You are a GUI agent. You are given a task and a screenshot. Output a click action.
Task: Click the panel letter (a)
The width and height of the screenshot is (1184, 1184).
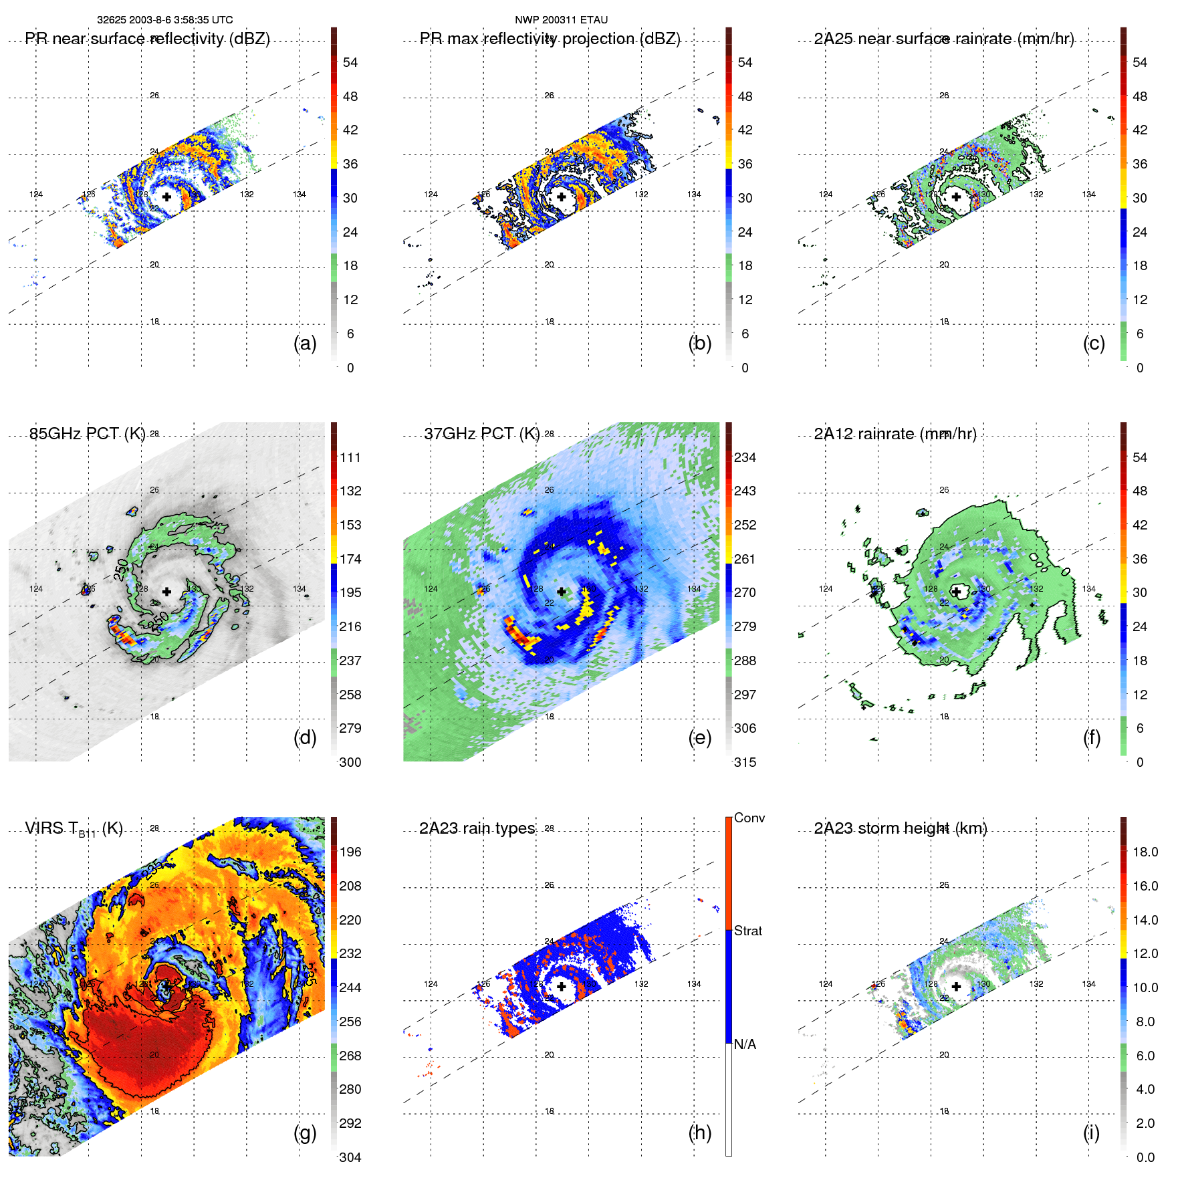click(x=305, y=344)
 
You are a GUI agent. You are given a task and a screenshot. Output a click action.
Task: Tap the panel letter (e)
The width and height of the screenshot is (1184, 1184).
click(x=700, y=738)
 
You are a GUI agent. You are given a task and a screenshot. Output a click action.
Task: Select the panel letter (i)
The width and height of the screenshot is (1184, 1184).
click(x=1091, y=1133)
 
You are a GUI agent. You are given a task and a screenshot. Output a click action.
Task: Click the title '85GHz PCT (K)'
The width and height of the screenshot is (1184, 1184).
click(x=87, y=434)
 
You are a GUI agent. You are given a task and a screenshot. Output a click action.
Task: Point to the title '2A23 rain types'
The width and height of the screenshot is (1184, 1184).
click(x=477, y=828)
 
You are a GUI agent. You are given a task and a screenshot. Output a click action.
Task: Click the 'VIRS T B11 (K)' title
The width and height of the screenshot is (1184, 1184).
click(x=74, y=829)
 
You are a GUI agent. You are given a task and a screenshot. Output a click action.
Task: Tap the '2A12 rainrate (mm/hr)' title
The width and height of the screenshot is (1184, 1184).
click(x=895, y=434)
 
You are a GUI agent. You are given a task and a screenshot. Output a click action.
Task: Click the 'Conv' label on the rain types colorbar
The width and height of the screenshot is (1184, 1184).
click(x=749, y=818)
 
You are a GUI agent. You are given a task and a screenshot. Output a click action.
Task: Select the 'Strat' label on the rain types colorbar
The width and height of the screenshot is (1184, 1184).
click(x=747, y=931)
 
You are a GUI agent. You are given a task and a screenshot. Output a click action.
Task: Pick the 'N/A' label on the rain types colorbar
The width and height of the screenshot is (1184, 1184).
click(x=745, y=1044)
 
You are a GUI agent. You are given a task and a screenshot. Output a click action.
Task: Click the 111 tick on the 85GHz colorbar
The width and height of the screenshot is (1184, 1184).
click(x=350, y=457)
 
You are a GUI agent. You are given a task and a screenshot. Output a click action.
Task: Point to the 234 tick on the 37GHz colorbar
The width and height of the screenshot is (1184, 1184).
click(x=745, y=457)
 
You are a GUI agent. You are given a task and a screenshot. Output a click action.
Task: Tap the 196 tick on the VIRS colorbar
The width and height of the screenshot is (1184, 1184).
click(x=350, y=852)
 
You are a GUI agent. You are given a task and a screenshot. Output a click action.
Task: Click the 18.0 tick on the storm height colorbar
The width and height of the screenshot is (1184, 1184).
click(x=1145, y=852)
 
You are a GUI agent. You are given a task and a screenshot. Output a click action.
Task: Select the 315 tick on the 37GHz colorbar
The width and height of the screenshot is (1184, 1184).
click(x=745, y=762)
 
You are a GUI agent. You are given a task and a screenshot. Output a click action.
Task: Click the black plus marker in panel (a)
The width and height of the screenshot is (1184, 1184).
click(x=166, y=197)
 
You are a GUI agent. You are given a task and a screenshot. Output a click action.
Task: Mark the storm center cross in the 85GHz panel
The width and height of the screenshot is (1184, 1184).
click(x=166, y=592)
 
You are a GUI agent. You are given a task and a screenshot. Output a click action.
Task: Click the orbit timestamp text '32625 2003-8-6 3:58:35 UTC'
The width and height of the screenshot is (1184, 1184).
click(x=165, y=20)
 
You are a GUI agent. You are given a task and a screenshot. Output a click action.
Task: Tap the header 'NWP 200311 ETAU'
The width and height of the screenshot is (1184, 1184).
click(x=561, y=20)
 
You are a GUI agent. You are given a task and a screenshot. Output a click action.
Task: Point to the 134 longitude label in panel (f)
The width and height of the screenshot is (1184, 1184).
click(x=1088, y=589)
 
